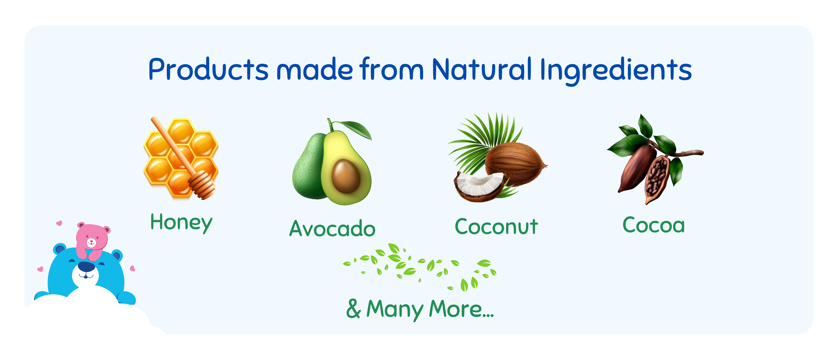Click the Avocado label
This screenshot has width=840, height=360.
tap(332, 228)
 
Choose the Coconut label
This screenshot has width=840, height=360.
tap(496, 226)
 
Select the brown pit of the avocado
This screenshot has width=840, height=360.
tap(346, 176)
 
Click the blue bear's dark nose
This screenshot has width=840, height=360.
tap(86, 267)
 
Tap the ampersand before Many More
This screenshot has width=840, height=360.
tap(354, 308)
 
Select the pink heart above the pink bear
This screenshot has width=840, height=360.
tap(59, 223)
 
